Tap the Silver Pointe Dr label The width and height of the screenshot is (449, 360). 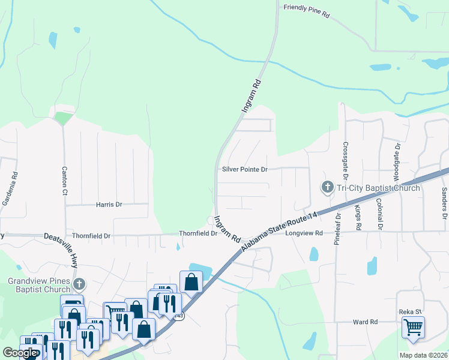(244, 170)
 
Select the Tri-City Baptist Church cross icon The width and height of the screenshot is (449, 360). (328, 188)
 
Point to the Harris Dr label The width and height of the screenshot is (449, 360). (109, 205)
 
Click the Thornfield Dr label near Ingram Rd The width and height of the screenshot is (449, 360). (197, 233)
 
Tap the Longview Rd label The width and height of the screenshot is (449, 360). (304, 233)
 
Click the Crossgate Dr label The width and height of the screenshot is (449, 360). (346, 160)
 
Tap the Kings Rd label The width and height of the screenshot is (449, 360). (358, 218)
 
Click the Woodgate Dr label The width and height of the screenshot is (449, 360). (396, 162)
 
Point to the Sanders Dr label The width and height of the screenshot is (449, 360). (444, 203)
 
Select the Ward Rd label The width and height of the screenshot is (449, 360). (365, 322)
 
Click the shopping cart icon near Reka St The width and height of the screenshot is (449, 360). (412, 328)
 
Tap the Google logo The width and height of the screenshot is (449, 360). (19, 353)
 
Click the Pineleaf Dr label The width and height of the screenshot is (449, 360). (339, 224)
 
